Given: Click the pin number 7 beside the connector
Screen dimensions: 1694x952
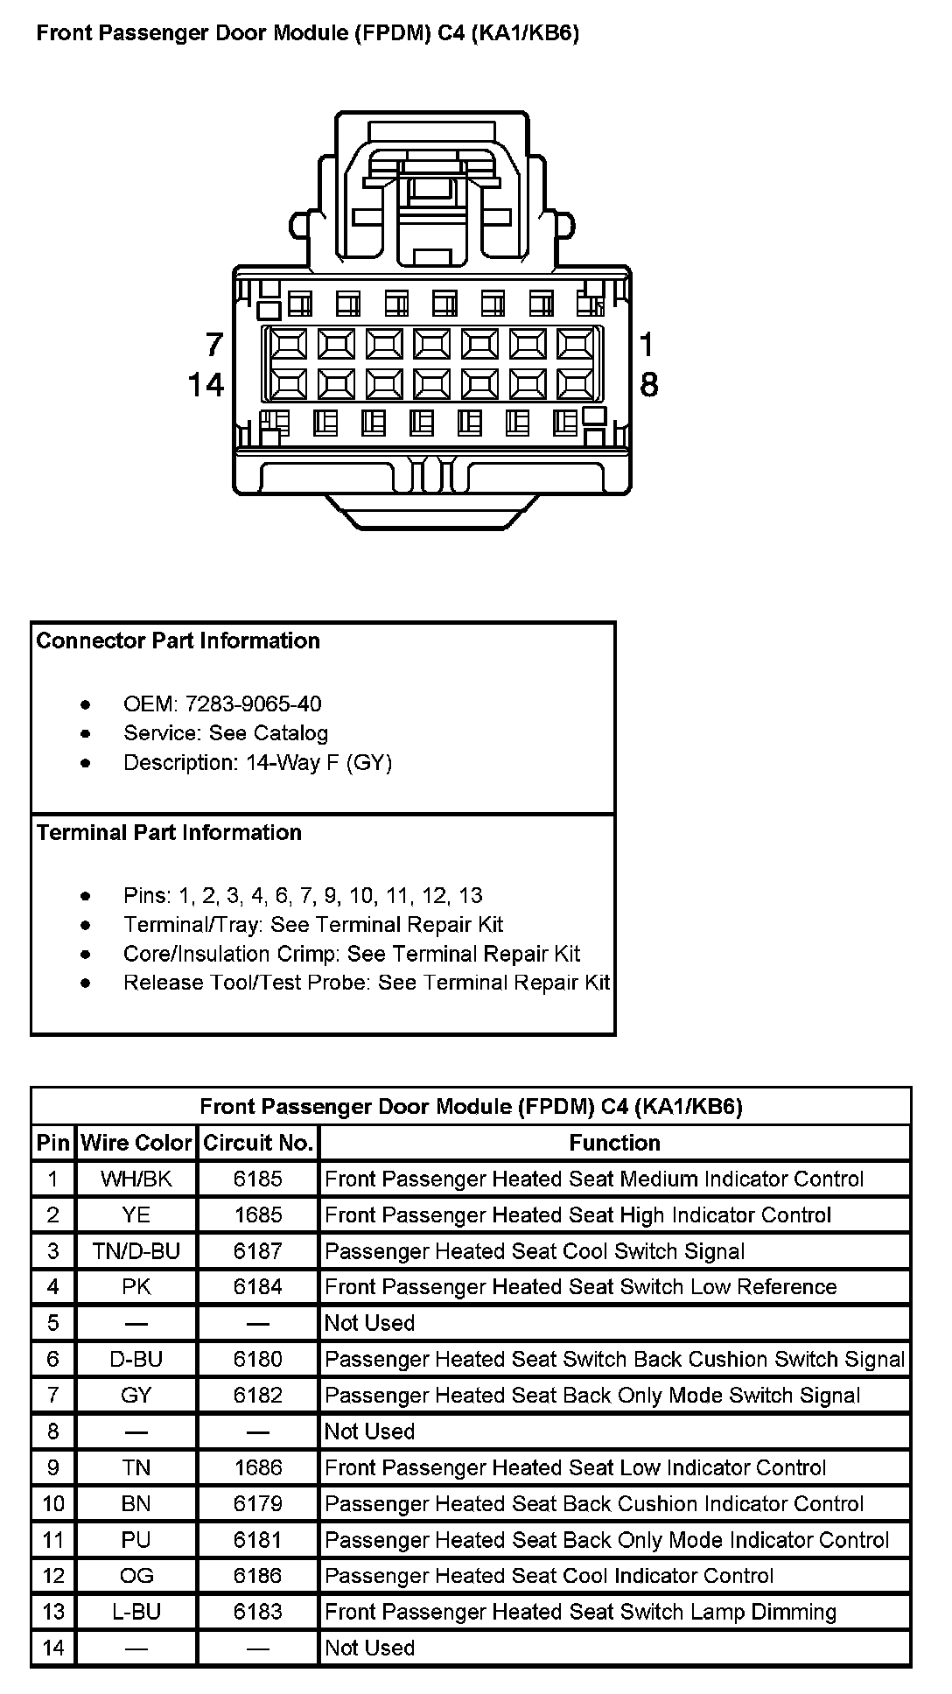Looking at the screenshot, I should (x=214, y=345).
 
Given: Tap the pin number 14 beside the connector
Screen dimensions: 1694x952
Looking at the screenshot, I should (x=206, y=385).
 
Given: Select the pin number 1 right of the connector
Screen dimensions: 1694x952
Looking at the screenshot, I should (x=647, y=345).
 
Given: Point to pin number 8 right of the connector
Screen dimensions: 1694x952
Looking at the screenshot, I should (x=648, y=385).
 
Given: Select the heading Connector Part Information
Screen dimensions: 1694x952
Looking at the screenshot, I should (x=178, y=640).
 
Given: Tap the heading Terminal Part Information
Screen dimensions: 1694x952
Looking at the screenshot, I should (x=169, y=832).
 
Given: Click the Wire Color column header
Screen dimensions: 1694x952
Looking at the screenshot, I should (x=136, y=1143).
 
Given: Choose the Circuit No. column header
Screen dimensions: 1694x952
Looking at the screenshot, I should (x=257, y=1143).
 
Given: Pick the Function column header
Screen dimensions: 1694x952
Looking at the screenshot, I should (x=614, y=1143).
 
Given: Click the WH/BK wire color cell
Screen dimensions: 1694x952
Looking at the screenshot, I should (x=136, y=1179).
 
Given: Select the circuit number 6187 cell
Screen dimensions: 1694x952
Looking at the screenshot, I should (x=257, y=1251).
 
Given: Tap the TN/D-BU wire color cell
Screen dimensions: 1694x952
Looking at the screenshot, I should (x=136, y=1251).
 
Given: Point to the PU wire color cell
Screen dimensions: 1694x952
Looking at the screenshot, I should (x=136, y=1539).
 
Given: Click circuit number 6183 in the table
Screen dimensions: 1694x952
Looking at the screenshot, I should (x=257, y=1612).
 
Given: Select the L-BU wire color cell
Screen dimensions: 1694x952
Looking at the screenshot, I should (x=136, y=1612).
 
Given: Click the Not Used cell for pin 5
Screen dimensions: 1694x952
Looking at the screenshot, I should (x=369, y=1323).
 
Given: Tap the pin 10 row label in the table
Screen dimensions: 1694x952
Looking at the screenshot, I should (x=53, y=1503).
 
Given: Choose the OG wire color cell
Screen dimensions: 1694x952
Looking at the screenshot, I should (x=136, y=1576).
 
